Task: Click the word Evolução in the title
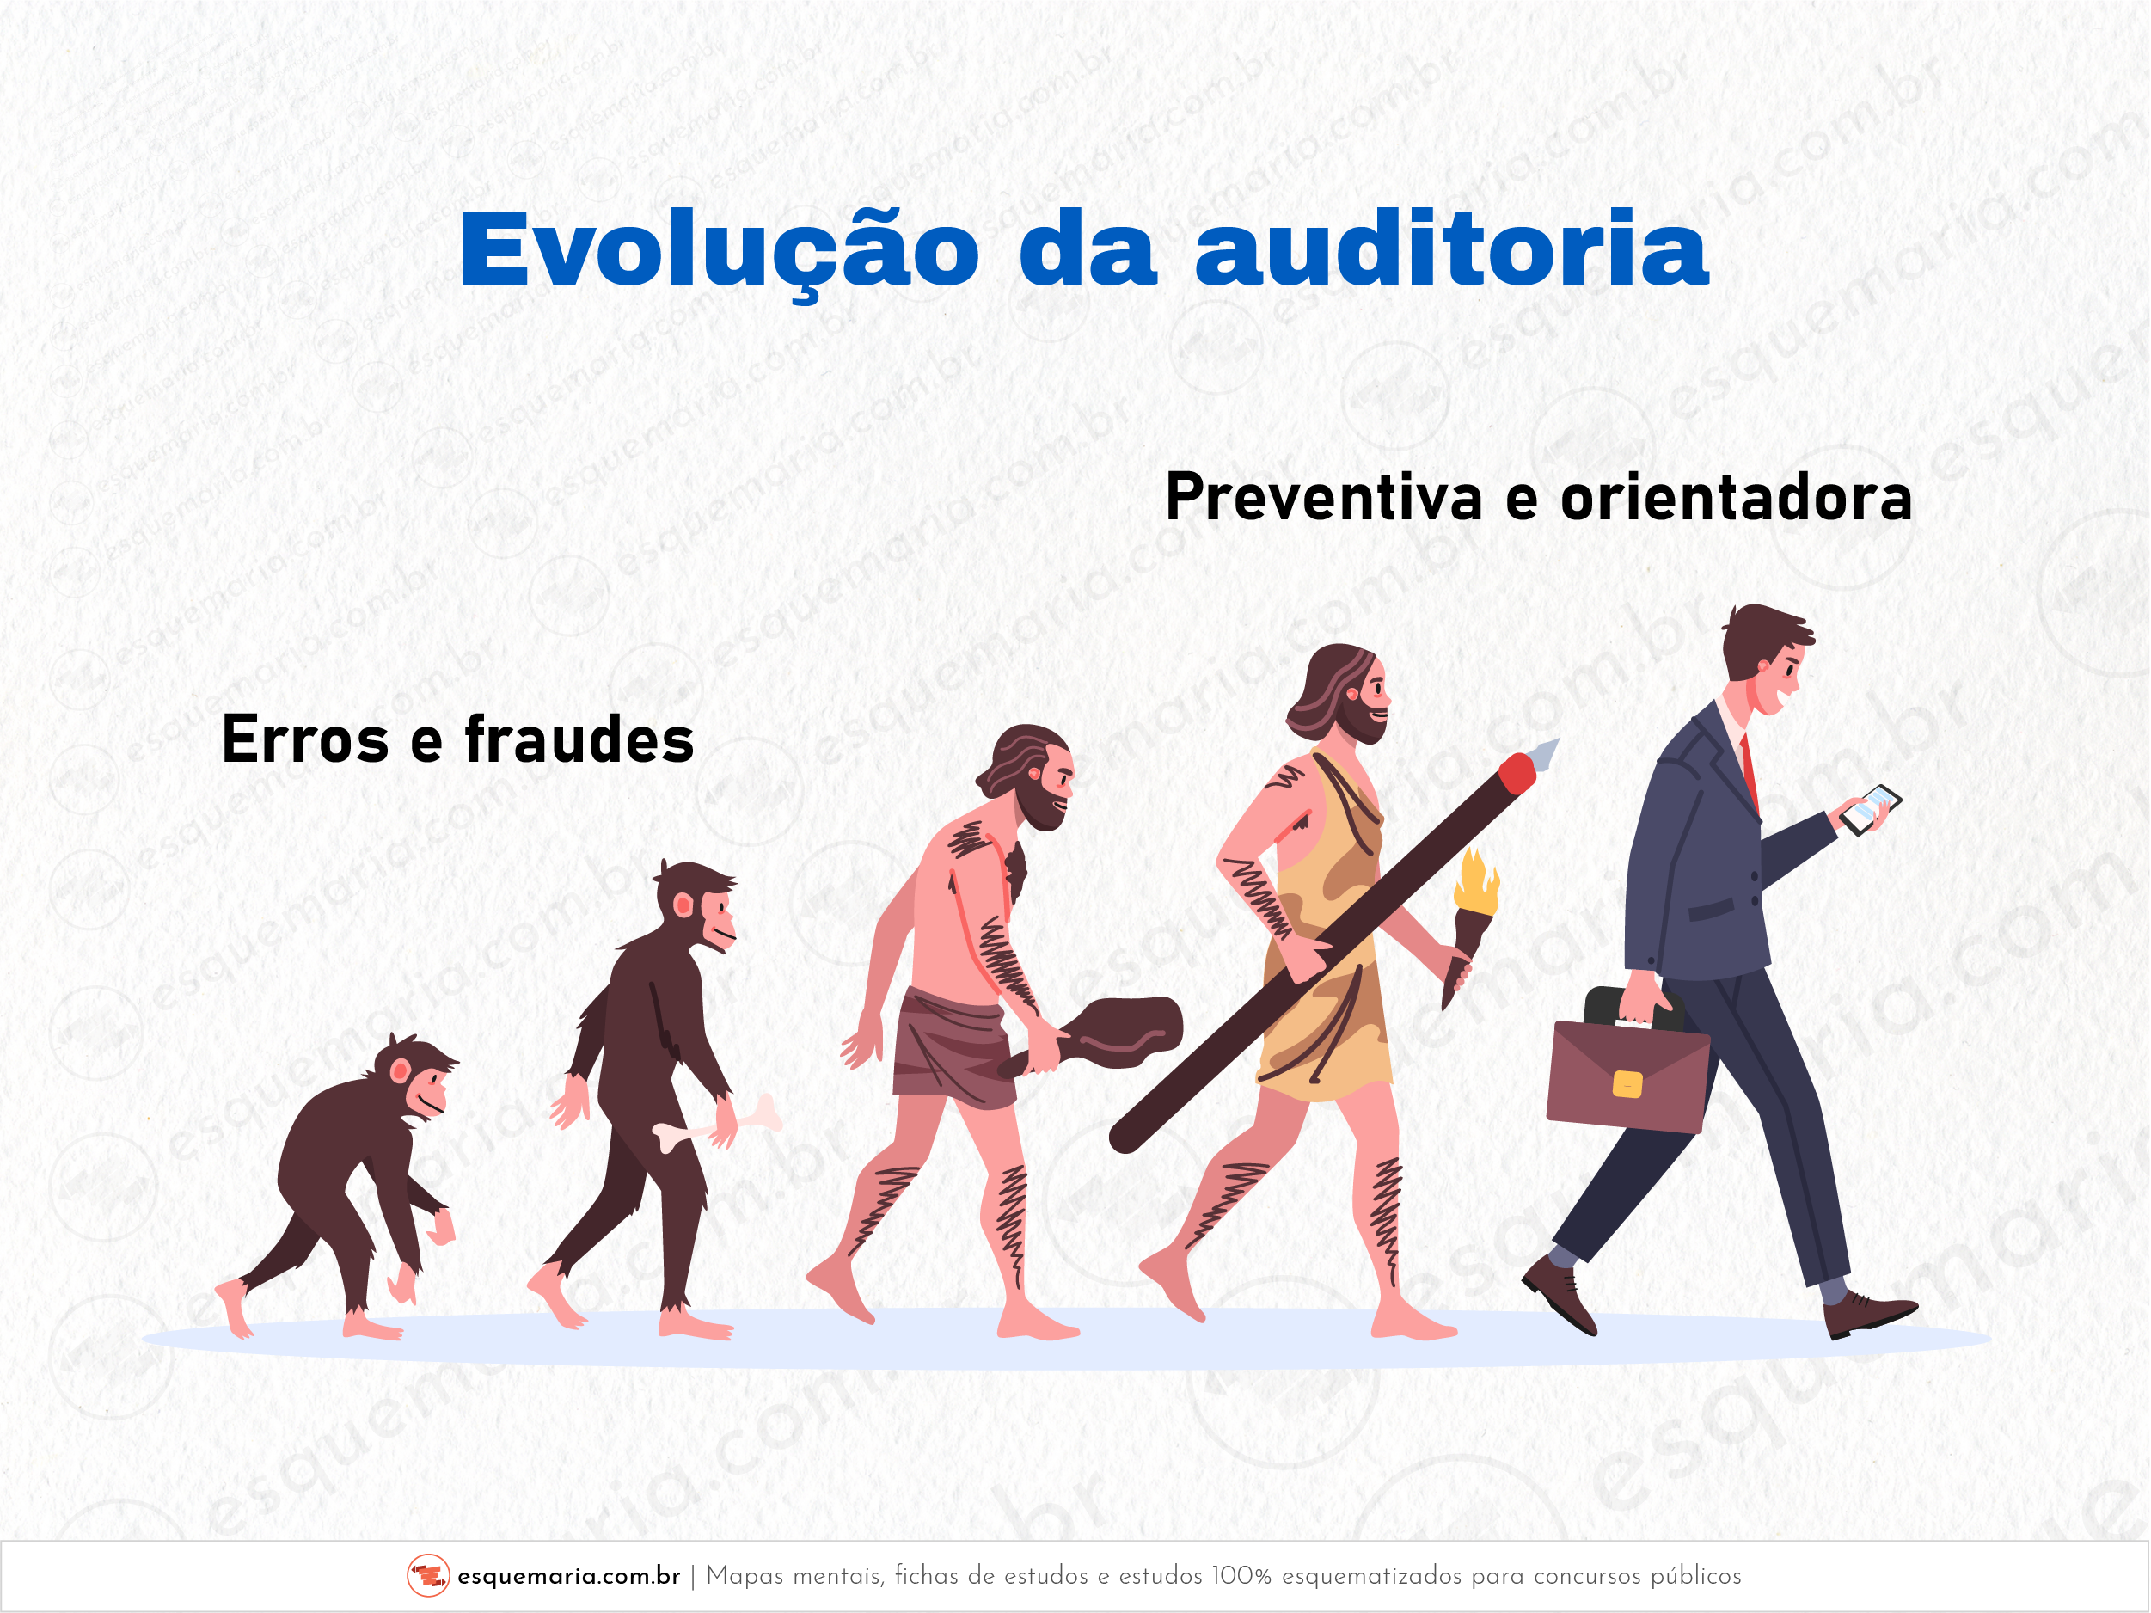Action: (720, 251)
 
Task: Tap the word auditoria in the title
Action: (1452, 248)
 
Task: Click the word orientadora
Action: (1736, 497)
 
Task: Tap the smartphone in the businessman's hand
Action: (1870, 809)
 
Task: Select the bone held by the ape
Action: (717, 1124)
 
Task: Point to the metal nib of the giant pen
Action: (1544, 752)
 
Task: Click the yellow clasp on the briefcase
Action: (1627, 1084)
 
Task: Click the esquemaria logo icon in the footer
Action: (428, 1575)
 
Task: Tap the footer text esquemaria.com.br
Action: (569, 1576)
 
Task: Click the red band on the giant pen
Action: (1516, 773)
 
